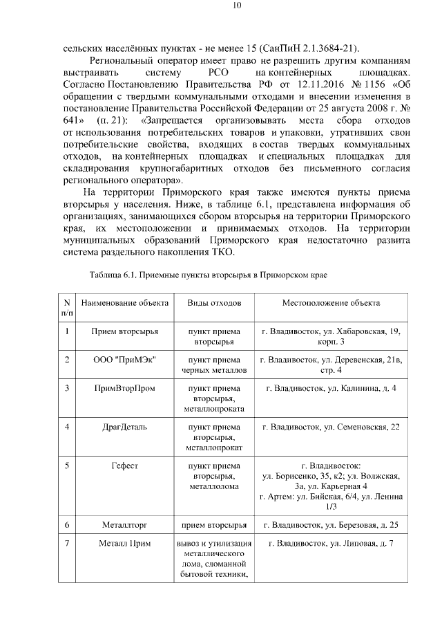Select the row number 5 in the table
(x=67, y=466)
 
